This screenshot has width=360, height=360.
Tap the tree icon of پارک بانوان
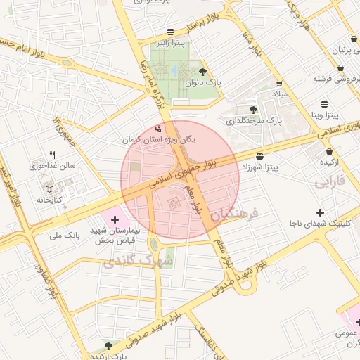[x=203, y=72]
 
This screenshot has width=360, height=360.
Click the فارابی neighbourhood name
[x=330, y=184]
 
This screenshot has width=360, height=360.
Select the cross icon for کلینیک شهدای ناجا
[x=321, y=212]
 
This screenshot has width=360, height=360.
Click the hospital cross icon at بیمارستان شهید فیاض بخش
[x=115, y=220]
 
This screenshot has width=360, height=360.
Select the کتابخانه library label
[x=48, y=200]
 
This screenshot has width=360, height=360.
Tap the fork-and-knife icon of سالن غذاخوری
[x=52, y=155]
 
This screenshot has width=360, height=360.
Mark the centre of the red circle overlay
[x=180, y=180]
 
